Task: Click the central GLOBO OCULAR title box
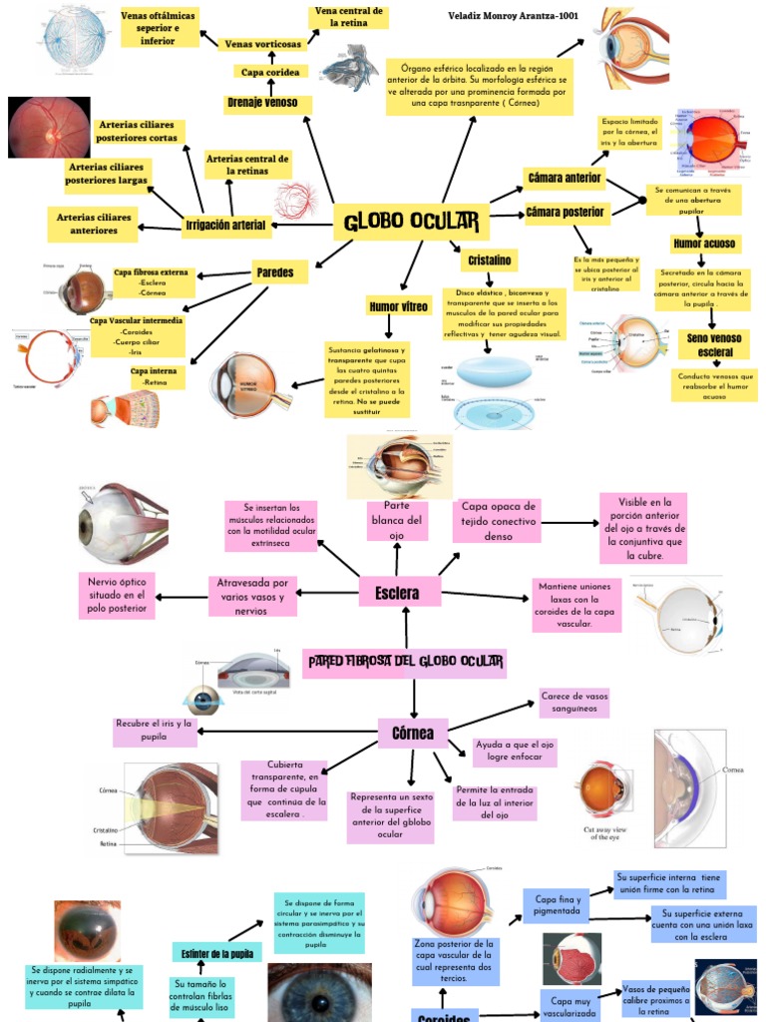411,221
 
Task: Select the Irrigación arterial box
225,226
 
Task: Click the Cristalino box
489,260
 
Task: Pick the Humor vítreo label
398,306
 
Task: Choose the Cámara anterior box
564,179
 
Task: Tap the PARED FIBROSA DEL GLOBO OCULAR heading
405,662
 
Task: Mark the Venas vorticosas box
262,44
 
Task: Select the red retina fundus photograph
49,127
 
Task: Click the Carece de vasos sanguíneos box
574,702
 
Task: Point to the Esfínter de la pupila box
216,953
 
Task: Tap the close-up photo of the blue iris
319,993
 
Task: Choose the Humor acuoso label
704,244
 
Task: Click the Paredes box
273,271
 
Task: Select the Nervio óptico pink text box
117,596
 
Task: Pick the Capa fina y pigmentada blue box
557,904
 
